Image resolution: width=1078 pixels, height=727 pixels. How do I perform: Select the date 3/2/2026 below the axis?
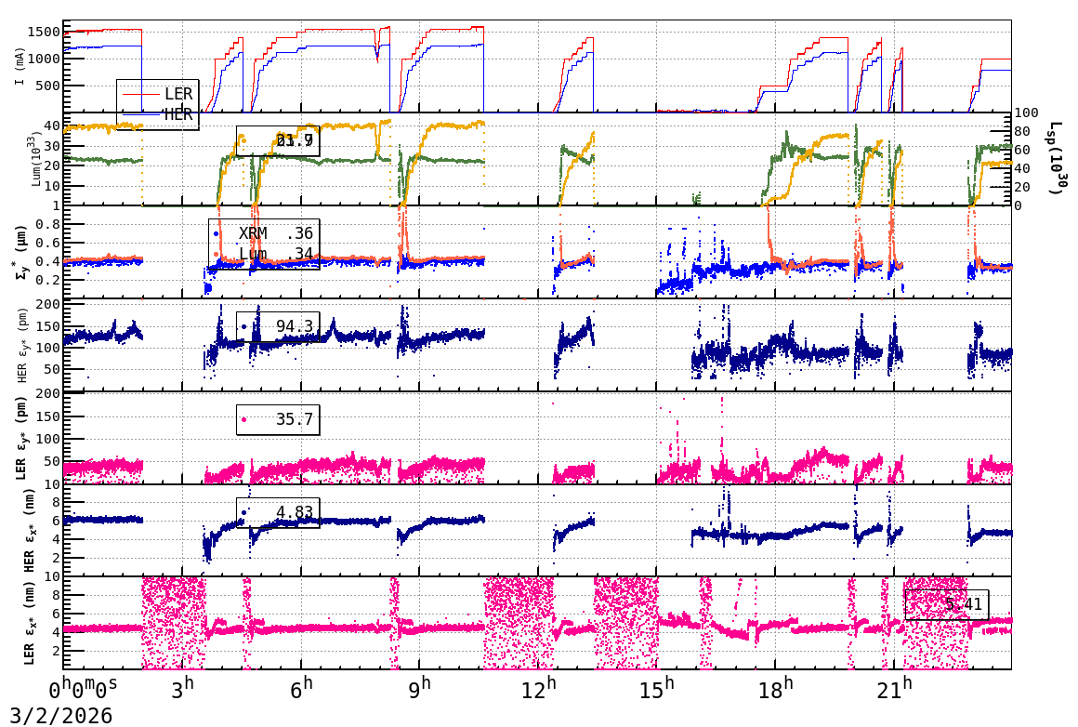tap(61, 715)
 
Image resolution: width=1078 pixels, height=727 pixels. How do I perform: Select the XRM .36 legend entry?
tap(275, 234)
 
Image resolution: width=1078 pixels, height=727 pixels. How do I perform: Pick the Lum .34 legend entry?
tap(275, 253)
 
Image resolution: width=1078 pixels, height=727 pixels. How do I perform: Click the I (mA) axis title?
tap(20, 65)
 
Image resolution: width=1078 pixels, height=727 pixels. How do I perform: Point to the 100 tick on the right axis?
tap(1026, 112)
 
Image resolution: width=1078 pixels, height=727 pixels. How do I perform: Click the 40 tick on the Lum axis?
tap(53, 126)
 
